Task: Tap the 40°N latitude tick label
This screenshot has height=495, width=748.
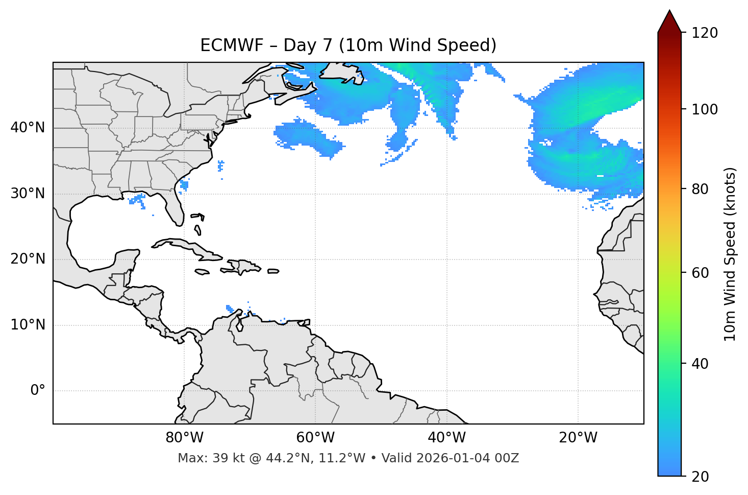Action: (28, 128)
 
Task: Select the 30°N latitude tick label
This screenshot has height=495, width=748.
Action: (28, 194)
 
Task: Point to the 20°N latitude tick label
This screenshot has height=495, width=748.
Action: (28, 259)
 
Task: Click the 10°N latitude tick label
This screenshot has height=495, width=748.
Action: (28, 325)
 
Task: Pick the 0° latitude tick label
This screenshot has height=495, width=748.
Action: (38, 391)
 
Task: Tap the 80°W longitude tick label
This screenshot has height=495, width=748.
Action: (184, 438)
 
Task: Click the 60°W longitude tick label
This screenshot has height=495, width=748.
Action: (315, 438)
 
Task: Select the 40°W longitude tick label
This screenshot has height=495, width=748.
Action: (446, 438)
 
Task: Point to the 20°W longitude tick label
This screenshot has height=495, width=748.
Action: (578, 438)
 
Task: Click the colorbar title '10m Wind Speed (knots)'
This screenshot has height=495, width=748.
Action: (730, 254)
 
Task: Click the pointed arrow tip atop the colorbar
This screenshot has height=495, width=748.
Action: (669, 11)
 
